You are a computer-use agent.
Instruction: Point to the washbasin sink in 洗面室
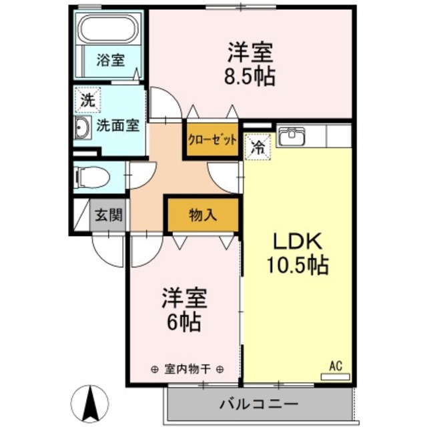(x=83, y=130)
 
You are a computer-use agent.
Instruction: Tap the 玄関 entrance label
(x=107, y=216)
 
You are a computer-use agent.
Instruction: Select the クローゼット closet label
(x=212, y=140)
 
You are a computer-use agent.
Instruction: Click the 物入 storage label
(x=201, y=216)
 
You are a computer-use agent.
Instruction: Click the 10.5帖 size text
(x=297, y=266)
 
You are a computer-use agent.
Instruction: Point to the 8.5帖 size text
(x=250, y=75)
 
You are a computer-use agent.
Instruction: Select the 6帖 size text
(x=183, y=323)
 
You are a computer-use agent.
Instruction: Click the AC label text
(x=335, y=365)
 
